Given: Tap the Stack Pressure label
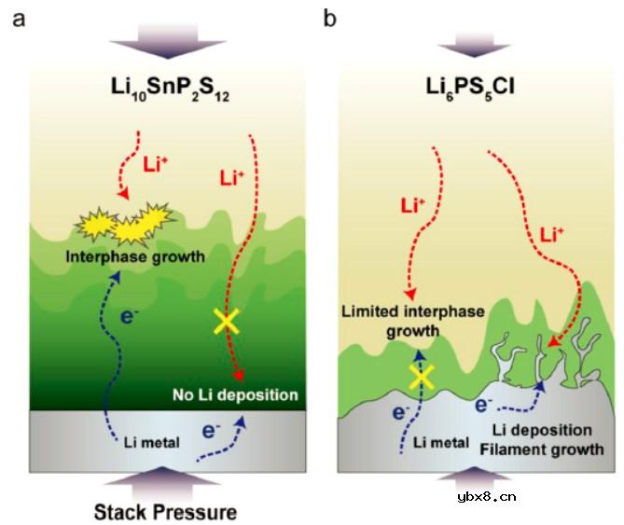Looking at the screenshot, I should [165, 511].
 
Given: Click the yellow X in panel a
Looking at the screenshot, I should [226, 322].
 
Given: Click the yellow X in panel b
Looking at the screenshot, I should [422, 377].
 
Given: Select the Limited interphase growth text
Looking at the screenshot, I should [412, 321].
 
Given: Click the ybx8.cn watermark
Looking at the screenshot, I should [571, 496].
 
